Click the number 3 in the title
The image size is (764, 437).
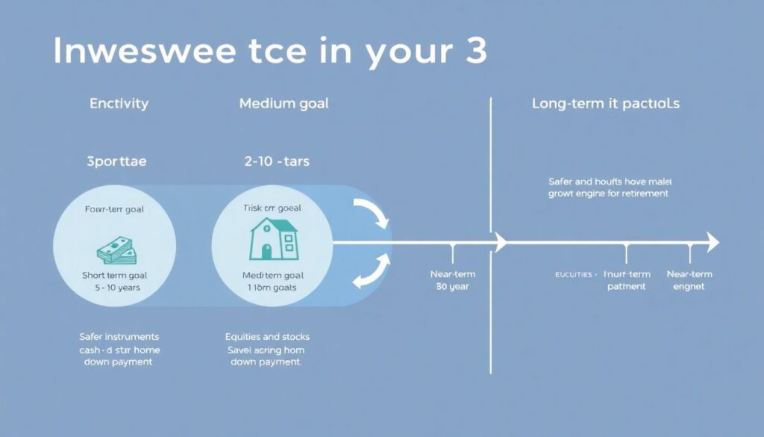[473, 50]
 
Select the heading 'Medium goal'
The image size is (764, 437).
[284, 104]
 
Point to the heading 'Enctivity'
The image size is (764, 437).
[119, 104]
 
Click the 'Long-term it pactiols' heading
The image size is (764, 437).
[605, 104]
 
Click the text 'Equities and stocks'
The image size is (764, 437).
[267, 337]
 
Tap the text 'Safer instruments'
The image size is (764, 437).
[119, 337]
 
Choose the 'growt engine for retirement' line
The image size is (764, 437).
[608, 193]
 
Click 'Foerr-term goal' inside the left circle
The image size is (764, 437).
[114, 210]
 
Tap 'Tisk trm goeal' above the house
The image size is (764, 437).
[272, 208]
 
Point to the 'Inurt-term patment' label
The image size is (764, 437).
[627, 280]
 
